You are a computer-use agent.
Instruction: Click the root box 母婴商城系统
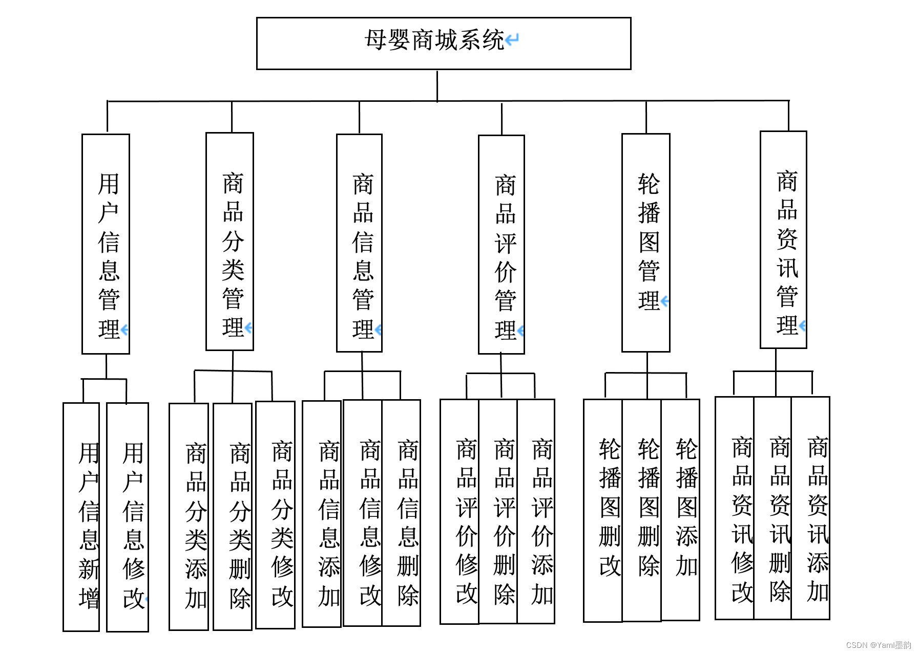click(x=443, y=43)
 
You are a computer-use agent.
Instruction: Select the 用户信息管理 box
click(x=106, y=244)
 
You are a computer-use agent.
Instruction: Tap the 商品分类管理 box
click(x=229, y=242)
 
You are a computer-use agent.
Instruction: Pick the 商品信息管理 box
click(x=359, y=243)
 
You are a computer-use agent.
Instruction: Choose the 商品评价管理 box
click(x=501, y=245)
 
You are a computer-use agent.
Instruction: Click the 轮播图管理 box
click(x=645, y=243)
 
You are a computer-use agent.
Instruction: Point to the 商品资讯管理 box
click(x=783, y=239)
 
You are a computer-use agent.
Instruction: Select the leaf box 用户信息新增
click(x=81, y=517)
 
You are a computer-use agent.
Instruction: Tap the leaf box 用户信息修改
click(x=128, y=517)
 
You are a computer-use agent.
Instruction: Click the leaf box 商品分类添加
click(x=189, y=517)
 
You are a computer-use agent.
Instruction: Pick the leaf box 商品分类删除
click(x=233, y=517)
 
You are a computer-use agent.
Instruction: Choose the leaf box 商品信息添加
click(x=322, y=514)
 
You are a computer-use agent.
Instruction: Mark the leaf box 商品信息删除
click(x=402, y=513)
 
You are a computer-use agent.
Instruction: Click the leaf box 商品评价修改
click(x=459, y=512)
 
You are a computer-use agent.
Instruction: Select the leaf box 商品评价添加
click(x=536, y=512)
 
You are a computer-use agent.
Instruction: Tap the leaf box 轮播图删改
click(x=603, y=511)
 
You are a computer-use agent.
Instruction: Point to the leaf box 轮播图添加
click(x=680, y=510)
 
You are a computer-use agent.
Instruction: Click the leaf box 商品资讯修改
click(x=735, y=508)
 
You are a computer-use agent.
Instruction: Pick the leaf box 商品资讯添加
click(x=811, y=508)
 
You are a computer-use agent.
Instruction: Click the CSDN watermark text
click(x=879, y=645)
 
